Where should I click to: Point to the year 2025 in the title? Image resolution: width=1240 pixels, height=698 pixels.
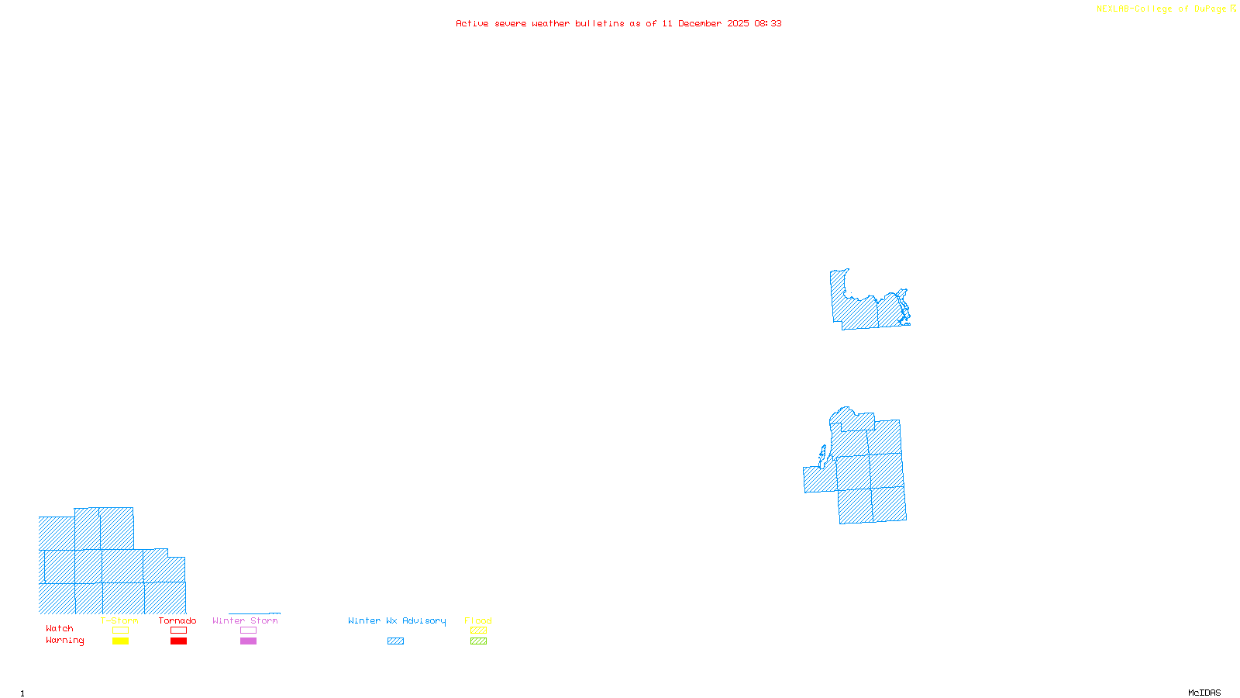tap(738, 23)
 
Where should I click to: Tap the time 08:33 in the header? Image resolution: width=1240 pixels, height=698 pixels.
tap(768, 23)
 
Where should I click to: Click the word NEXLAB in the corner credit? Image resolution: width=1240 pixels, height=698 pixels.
tap(1113, 9)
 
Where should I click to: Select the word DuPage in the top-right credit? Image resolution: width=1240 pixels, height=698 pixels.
tap(1211, 9)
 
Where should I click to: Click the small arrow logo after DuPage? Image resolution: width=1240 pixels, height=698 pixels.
tap(1234, 9)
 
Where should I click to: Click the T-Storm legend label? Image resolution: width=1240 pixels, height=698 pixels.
tap(119, 620)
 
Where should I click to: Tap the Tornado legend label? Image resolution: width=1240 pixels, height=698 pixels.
tap(177, 620)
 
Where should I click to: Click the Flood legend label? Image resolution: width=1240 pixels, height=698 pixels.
tap(478, 620)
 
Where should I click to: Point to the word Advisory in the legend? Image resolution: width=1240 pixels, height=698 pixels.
tap(424, 620)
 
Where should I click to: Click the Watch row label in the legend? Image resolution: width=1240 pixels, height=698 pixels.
tap(60, 629)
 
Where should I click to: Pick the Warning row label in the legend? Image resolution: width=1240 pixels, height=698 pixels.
tap(65, 641)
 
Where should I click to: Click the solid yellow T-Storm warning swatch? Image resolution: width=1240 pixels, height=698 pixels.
tap(120, 641)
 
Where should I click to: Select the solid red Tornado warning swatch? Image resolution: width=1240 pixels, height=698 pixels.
tap(178, 641)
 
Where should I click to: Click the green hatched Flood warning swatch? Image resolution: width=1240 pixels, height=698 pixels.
tap(478, 641)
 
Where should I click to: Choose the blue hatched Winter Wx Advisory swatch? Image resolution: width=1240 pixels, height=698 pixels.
tap(395, 641)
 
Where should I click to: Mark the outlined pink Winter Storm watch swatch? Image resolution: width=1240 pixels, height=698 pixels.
tap(248, 631)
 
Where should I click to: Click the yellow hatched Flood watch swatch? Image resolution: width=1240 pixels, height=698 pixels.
tap(478, 631)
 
